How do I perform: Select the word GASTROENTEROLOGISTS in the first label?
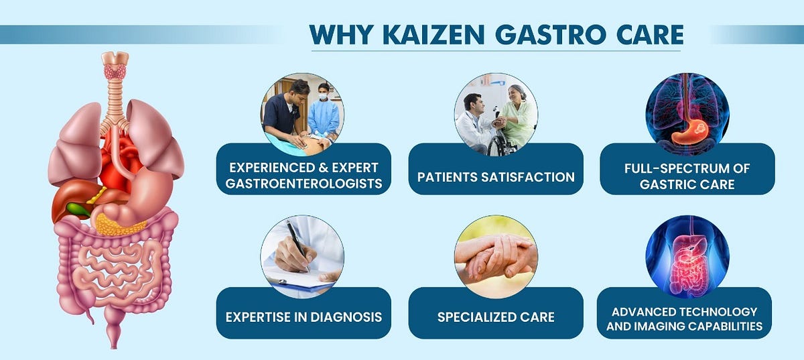pyautogui.click(x=304, y=184)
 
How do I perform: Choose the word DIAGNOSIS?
pyautogui.click(x=346, y=317)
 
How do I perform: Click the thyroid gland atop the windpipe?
pyautogui.click(x=115, y=71)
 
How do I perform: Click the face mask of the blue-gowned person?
pyautogui.click(x=323, y=97)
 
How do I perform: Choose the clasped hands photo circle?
pyautogui.click(x=496, y=257)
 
